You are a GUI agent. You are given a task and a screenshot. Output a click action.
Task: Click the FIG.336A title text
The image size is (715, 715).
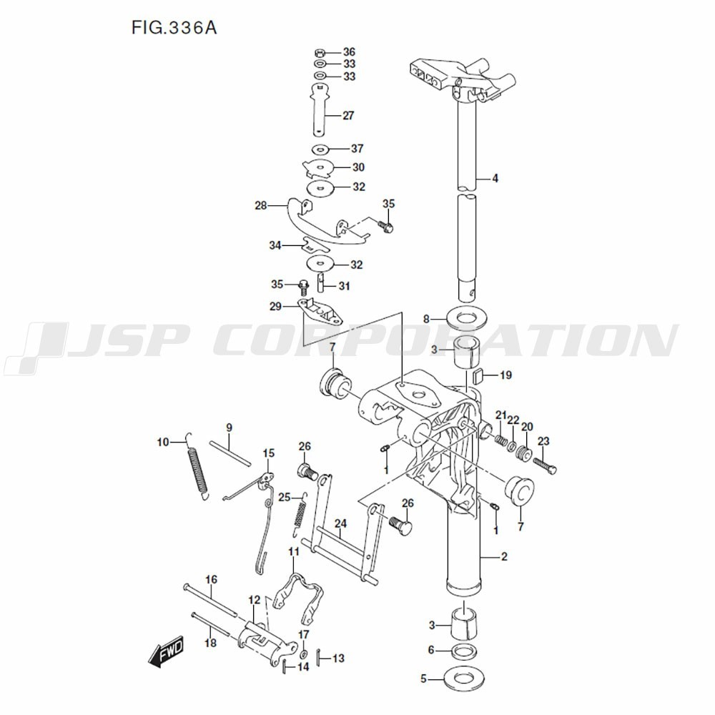(x=174, y=28)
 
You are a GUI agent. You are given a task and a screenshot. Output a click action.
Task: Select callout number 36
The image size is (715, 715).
(x=349, y=52)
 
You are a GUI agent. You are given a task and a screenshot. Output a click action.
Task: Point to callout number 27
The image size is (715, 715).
(x=349, y=115)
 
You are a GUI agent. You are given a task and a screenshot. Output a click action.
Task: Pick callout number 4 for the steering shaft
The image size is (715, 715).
(x=494, y=178)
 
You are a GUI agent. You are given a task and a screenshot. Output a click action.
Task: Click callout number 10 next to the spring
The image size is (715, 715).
(x=162, y=443)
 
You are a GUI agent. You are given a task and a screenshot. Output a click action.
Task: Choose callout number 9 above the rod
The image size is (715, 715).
(x=230, y=428)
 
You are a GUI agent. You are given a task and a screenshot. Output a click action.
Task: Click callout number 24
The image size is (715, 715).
(x=340, y=524)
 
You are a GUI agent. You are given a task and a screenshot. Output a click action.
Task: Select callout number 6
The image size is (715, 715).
(x=431, y=650)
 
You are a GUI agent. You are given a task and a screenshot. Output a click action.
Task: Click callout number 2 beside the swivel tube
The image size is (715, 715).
(x=503, y=557)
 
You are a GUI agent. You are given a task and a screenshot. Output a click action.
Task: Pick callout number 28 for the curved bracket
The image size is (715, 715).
(x=260, y=206)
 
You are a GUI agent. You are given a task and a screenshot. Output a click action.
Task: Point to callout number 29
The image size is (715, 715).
(x=275, y=306)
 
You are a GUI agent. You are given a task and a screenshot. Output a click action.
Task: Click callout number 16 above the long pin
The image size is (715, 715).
(x=211, y=579)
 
